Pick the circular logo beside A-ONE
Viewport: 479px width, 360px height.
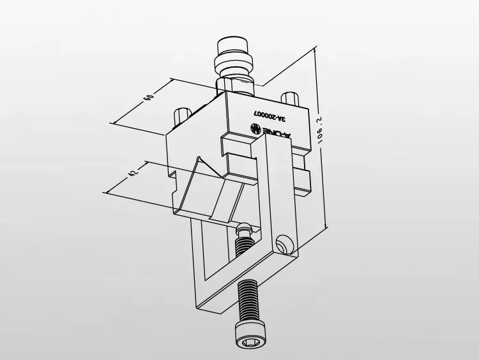click(x=253, y=128)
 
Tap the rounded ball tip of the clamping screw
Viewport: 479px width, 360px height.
click(x=243, y=228)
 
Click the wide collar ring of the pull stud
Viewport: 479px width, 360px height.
click(x=236, y=66)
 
